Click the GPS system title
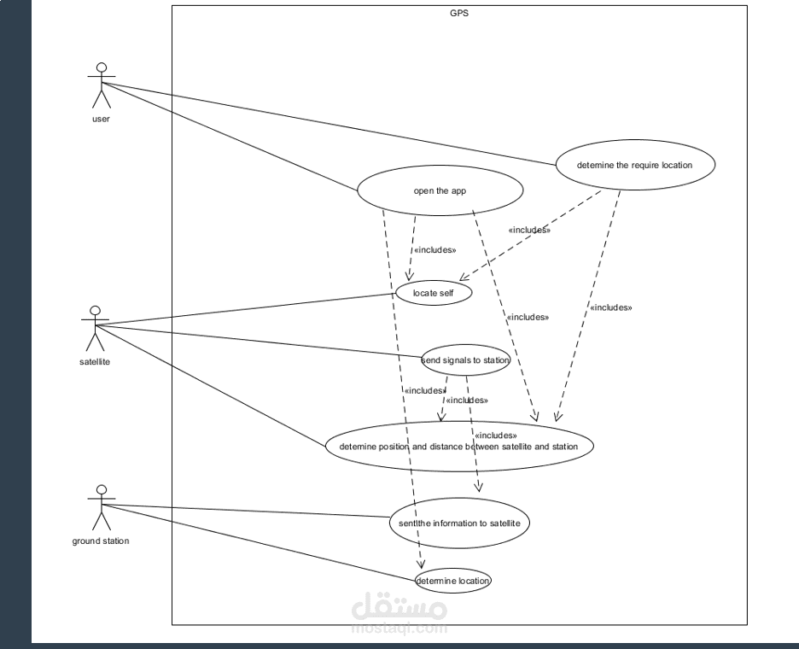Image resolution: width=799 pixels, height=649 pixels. click(x=459, y=13)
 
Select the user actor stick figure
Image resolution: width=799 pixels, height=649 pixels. click(x=102, y=85)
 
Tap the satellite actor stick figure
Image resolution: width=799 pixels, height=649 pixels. click(x=96, y=328)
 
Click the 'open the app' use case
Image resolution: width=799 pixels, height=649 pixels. click(x=440, y=190)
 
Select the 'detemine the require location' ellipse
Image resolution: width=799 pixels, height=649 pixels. click(x=634, y=165)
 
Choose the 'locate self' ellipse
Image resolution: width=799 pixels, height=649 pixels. click(x=434, y=293)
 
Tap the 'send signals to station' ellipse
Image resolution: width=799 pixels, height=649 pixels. click(x=466, y=360)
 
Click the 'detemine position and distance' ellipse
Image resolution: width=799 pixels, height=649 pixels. click(x=458, y=446)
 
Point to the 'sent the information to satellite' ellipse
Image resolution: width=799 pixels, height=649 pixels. click(x=454, y=522)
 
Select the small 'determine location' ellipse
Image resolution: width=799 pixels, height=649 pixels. click(x=453, y=581)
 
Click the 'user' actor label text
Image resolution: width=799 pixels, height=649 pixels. click(x=101, y=119)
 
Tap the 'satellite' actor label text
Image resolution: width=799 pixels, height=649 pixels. click(x=94, y=361)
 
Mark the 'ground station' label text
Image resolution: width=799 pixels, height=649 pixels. click(x=101, y=541)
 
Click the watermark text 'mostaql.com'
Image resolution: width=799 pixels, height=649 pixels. click(x=399, y=629)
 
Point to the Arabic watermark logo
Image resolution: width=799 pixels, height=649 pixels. click(x=399, y=606)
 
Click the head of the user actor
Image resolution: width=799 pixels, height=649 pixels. click(x=102, y=67)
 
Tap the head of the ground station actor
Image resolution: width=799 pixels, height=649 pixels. click(x=102, y=489)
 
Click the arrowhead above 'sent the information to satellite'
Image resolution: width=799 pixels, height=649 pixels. click(x=479, y=488)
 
